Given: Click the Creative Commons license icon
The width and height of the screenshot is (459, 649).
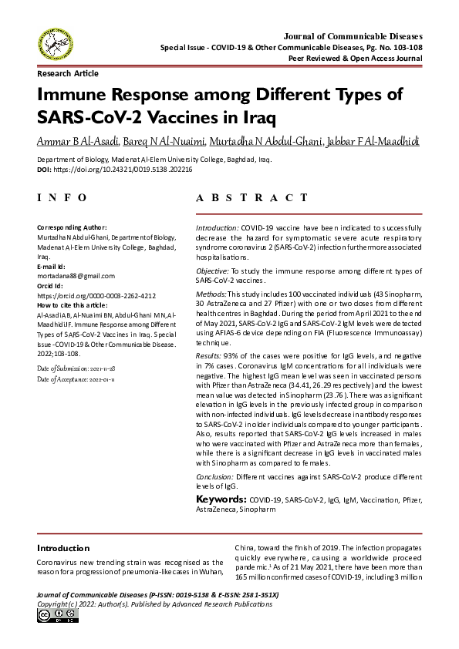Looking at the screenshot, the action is pos(51,615).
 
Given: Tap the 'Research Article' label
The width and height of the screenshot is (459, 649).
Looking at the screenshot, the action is pos(68,74).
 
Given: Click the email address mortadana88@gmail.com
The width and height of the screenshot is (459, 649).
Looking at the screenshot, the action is pos(76,275).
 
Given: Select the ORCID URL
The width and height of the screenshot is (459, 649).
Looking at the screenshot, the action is pos(96,295).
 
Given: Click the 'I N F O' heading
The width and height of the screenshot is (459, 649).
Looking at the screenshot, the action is pos(62,198).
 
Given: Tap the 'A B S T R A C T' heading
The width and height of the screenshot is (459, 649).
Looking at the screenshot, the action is pos(247,198).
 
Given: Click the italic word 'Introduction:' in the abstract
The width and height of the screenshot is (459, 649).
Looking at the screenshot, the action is pos(217,229).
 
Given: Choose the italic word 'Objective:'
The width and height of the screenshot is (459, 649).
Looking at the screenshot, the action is pos(213,273).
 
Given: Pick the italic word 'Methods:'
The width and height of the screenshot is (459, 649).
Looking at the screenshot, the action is pos(211,295).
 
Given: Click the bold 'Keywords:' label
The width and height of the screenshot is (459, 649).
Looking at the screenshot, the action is pos(221,499).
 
